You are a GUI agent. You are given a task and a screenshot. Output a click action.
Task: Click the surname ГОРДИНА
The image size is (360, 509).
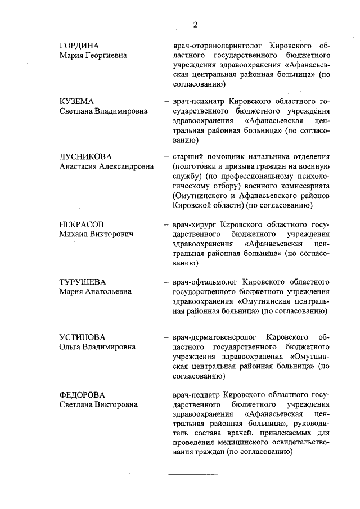[83, 46]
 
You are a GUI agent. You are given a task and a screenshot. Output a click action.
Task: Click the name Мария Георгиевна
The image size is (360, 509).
[93, 56]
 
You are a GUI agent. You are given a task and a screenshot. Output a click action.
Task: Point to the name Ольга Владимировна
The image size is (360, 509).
[97, 347]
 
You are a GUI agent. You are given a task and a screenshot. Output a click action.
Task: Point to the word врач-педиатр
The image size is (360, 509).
[196, 394]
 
